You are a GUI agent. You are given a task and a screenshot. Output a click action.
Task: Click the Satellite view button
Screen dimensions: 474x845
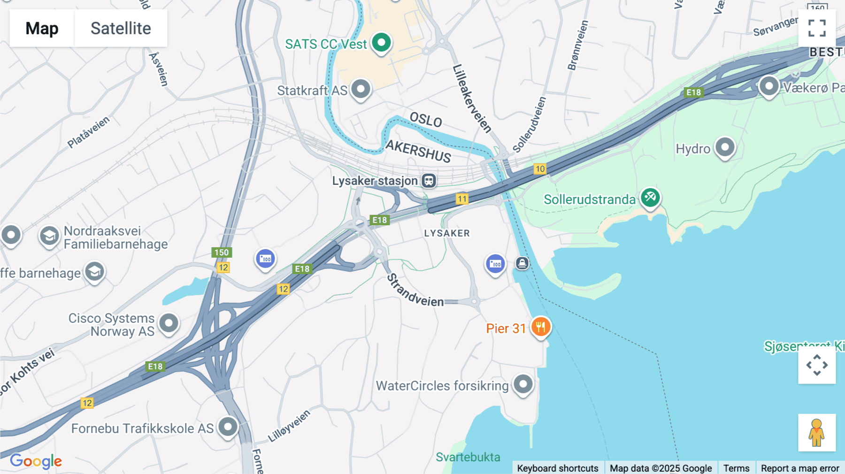coord(121,28)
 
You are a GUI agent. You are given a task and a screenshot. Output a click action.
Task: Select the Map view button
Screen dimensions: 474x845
coord(42,28)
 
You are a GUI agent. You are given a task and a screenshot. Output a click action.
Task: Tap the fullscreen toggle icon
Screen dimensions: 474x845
coord(817,28)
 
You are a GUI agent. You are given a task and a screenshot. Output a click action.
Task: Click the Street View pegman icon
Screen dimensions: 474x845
coord(816,433)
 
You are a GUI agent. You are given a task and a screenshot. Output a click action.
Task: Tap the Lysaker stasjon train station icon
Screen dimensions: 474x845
coord(429,181)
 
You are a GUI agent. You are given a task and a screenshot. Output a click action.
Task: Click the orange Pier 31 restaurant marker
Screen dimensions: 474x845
coord(541,327)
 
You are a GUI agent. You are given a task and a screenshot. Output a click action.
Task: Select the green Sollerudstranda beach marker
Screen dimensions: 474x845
coord(650,198)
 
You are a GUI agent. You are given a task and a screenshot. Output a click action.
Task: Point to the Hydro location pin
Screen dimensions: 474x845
coord(725,147)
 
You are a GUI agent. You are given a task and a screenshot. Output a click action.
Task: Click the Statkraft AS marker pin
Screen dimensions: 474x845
coord(361,89)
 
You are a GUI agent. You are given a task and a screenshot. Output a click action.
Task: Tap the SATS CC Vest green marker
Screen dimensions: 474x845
coord(381,43)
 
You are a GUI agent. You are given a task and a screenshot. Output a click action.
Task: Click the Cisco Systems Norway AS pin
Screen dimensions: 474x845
coord(169,323)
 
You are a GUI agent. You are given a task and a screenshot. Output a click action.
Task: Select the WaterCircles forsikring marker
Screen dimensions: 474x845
coord(523,384)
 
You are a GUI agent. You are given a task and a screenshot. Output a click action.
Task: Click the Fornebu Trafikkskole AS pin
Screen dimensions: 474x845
coord(228,427)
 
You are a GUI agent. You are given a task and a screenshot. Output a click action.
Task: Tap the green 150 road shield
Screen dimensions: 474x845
coord(222,252)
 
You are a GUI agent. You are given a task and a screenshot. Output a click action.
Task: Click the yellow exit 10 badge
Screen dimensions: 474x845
coord(540,169)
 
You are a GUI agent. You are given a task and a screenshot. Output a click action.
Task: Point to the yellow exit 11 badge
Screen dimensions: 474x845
coord(462,199)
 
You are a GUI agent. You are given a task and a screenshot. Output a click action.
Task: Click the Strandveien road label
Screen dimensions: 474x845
coord(415,291)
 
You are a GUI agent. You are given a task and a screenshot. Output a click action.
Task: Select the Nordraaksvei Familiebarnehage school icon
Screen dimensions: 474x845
coord(49,236)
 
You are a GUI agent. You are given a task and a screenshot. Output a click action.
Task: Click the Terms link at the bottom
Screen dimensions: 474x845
coord(736,468)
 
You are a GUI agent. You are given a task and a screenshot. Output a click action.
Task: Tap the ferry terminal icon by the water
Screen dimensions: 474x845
coord(522,263)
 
